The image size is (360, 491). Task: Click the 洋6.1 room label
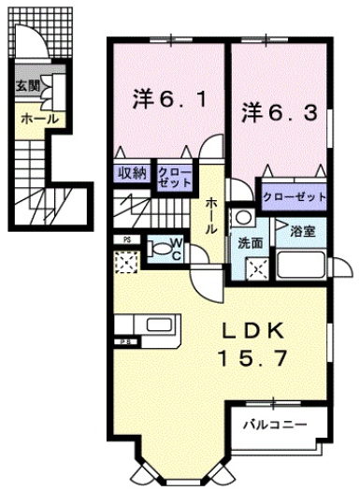(168, 96)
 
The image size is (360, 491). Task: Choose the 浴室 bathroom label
(301, 229)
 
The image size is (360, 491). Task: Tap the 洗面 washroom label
(251, 240)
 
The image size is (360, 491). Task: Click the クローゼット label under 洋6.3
(294, 197)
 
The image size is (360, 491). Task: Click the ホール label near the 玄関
(39, 119)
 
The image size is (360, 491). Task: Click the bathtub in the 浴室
(301, 265)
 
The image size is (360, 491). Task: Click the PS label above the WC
(125, 239)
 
